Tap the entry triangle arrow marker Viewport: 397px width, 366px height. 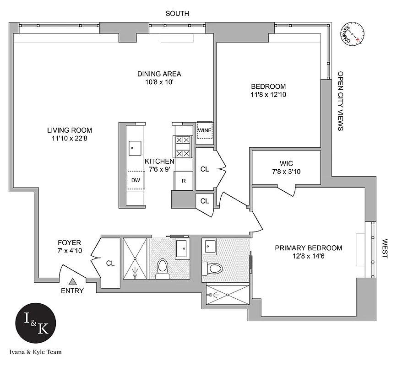pyautogui.click(x=72, y=282)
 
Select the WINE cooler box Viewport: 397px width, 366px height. pyautogui.click(x=204, y=131)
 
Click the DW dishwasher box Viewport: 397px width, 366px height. pyautogui.click(x=136, y=180)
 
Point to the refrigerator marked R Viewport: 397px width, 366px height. pyautogui.click(x=184, y=180)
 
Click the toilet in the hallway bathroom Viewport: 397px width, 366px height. pyautogui.click(x=163, y=268)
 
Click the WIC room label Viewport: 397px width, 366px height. pyautogui.click(x=286, y=163)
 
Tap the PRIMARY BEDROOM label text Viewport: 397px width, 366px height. pyautogui.click(x=308, y=248)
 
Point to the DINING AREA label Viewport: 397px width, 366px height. pyautogui.click(x=159, y=74)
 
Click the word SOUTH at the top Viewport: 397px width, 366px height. pyautogui.click(x=177, y=14)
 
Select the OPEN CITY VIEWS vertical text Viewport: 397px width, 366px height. pyautogui.click(x=340, y=101)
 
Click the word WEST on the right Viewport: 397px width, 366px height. pyautogui.click(x=385, y=249)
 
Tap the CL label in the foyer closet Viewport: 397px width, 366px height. pyautogui.click(x=110, y=263)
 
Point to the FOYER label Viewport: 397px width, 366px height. pyautogui.click(x=69, y=242)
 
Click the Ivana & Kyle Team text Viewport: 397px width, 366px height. pyautogui.click(x=35, y=352)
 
